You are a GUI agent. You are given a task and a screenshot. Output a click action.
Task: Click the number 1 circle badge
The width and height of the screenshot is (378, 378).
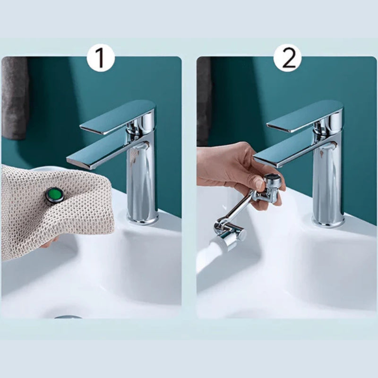[x=101, y=58]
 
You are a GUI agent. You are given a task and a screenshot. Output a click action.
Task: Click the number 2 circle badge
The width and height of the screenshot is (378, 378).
[x=287, y=58]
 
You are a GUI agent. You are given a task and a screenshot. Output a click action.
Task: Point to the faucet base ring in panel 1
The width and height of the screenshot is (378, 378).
[x=143, y=218]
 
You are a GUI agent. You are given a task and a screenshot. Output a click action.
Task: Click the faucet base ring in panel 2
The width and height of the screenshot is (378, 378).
[x=328, y=221]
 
